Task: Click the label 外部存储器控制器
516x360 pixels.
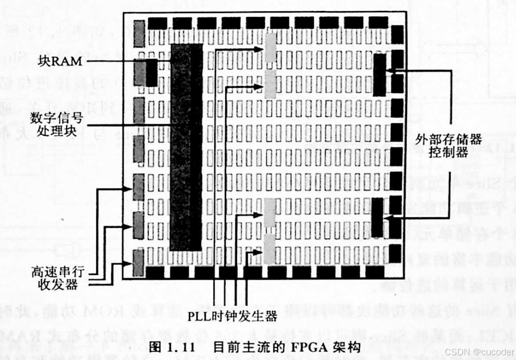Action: (448, 146)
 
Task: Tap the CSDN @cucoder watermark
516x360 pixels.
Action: (479, 352)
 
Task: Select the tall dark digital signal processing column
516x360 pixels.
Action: (186, 146)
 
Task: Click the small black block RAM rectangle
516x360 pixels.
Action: (151, 72)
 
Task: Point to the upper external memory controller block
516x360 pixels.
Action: (380, 75)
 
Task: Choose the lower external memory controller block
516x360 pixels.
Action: (377, 217)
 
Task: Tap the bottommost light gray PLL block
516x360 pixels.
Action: (269, 249)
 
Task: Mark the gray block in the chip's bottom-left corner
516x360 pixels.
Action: (138, 263)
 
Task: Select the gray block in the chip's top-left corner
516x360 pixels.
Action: (138, 34)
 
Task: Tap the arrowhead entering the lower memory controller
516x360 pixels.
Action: (388, 218)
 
